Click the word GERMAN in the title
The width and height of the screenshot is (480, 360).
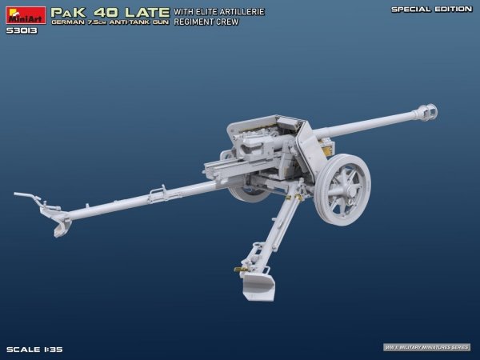click(66, 24)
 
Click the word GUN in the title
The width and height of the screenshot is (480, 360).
click(157, 24)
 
